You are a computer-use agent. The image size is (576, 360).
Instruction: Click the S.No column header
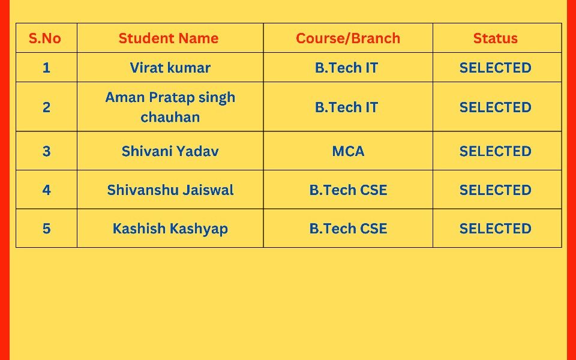(45, 38)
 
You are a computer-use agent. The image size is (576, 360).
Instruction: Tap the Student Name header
(169, 38)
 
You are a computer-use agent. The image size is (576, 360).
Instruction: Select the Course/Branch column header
(348, 38)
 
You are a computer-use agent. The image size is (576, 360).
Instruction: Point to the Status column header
(495, 38)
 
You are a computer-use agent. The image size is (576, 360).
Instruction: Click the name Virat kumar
(170, 68)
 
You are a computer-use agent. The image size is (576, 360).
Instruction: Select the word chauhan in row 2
(170, 117)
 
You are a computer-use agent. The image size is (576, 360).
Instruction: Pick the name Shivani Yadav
(170, 151)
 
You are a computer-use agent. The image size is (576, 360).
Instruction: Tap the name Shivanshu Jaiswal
(170, 190)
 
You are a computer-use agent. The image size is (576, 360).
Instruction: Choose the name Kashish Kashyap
(170, 229)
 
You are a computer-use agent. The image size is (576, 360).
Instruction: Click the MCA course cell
(348, 151)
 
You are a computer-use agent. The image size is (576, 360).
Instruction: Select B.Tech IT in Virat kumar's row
(346, 68)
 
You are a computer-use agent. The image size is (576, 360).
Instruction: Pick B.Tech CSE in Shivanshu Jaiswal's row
(348, 190)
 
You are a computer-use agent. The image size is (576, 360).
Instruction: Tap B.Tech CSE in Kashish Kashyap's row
(348, 229)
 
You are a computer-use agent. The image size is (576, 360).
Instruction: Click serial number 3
(46, 151)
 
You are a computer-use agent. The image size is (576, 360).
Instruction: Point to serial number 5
(46, 229)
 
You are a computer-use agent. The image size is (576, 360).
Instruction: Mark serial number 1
(46, 68)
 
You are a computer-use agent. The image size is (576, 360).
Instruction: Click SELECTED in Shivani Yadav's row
(495, 151)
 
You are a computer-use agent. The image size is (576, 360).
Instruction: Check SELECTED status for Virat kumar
(495, 68)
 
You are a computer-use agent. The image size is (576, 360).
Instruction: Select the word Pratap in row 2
(172, 98)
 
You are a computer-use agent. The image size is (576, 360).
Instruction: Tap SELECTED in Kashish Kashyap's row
(495, 229)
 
